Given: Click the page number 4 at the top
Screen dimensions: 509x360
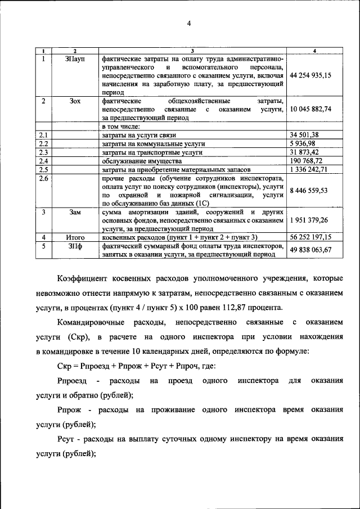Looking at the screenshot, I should [x=189, y=23].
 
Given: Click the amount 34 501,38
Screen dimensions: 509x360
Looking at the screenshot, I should [x=305, y=135].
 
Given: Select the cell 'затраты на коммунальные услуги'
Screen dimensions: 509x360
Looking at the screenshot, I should [x=153, y=143].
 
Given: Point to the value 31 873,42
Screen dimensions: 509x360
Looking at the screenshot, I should [x=305, y=152].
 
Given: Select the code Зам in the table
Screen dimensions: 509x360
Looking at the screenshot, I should [x=75, y=212].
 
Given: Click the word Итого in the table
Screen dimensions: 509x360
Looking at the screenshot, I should [x=75, y=238].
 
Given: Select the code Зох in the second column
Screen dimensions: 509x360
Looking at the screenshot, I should [x=75, y=101].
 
